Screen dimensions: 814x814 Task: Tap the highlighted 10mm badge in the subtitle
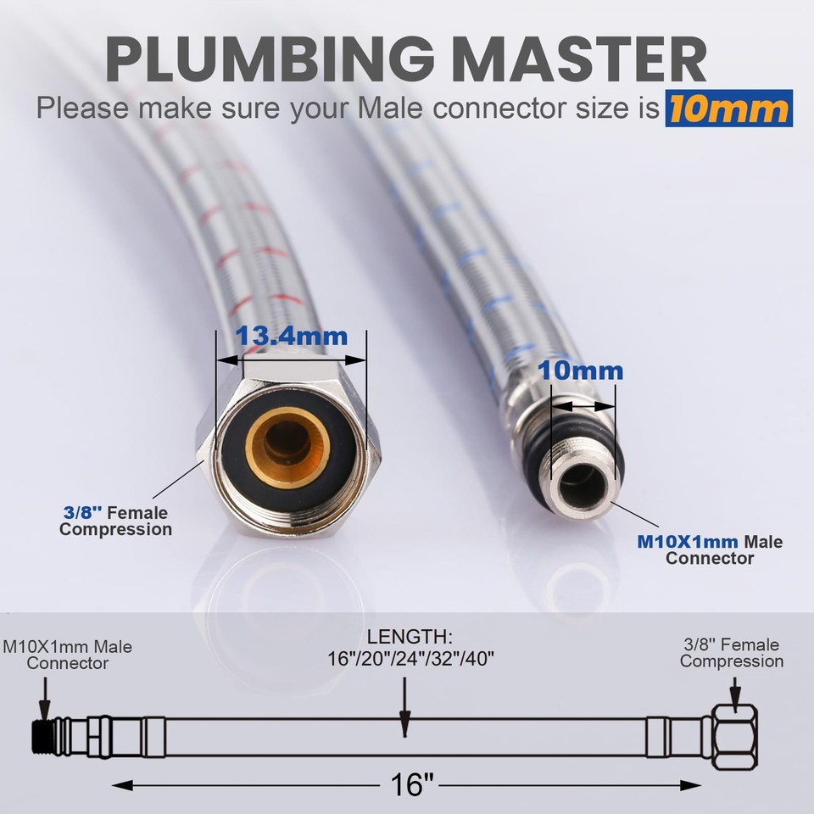tap(728, 108)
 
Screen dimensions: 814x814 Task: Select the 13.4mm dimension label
tap(291, 336)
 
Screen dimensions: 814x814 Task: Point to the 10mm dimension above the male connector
tap(583, 371)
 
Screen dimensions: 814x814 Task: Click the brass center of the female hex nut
tap(288, 446)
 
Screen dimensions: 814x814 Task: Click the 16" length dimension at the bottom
tap(409, 784)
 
